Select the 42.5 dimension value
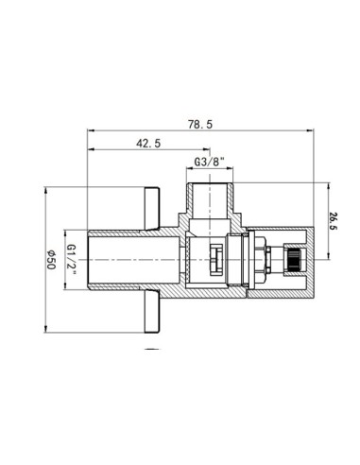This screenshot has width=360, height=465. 146,145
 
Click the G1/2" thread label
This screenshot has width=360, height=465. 70,256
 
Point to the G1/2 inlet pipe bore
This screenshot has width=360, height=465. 132,255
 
